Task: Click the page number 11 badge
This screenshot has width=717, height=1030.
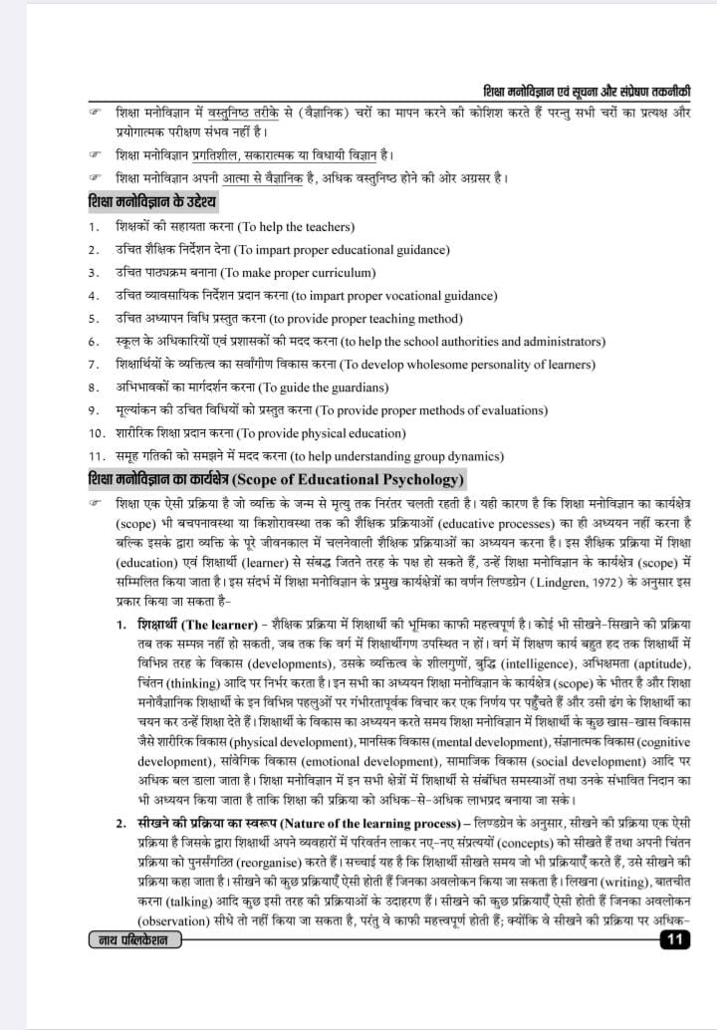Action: pos(675,939)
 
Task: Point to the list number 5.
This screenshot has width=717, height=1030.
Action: pos(93,319)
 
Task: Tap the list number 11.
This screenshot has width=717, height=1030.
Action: pos(96,455)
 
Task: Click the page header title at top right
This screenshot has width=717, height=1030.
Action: pos(587,90)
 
